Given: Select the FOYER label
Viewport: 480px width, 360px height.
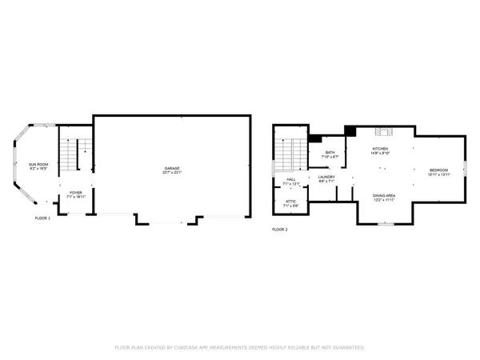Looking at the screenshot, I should click(x=75, y=192).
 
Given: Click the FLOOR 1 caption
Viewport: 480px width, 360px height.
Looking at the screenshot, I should click(x=42, y=218).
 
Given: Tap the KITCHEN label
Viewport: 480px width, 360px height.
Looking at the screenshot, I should click(x=380, y=150).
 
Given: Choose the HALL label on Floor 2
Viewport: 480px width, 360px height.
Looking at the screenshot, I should click(x=291, y=180).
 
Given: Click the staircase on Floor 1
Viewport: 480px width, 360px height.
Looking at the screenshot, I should click(x=78, y=151).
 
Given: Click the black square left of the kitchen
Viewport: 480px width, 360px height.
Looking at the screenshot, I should click(x=350, y=131).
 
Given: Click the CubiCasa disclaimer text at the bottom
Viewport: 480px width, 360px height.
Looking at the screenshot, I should click(x=240, y=348).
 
